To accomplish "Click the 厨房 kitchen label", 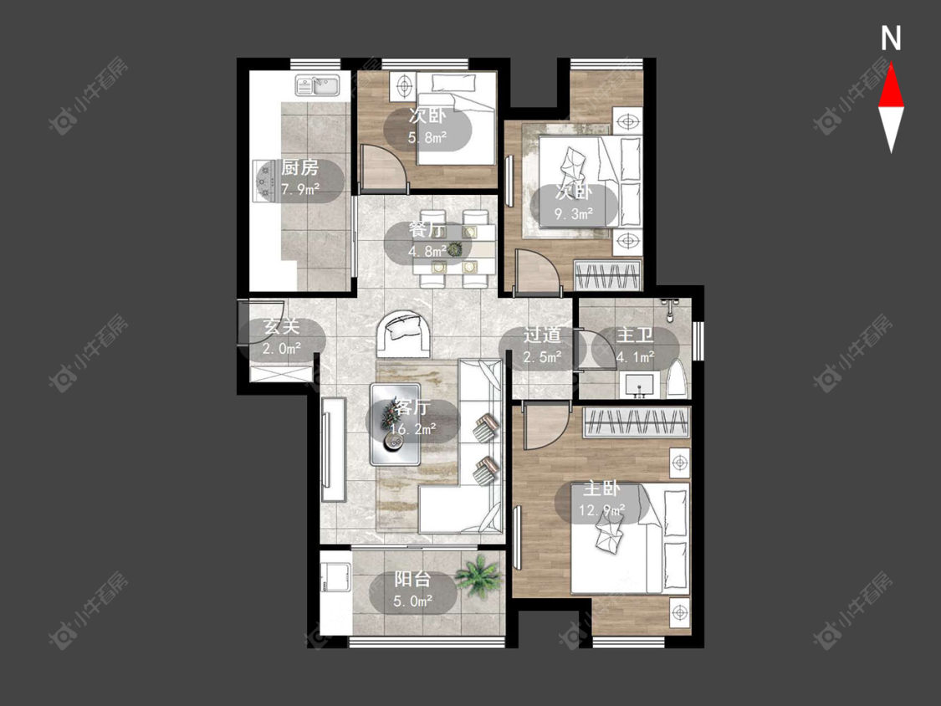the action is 299,167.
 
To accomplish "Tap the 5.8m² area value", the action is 427,137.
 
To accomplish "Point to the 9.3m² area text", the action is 574,213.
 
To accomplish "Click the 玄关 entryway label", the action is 281,326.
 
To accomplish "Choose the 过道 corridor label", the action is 542,335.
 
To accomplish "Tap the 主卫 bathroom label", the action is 635,335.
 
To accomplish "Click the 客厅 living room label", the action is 412,407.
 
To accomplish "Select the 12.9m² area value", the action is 602,511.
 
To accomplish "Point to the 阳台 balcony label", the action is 412,579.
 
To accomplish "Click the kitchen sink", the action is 318,85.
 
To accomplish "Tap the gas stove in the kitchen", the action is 264,180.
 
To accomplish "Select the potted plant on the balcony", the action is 478,575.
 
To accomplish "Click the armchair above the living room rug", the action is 404,334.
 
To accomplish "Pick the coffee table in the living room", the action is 395,424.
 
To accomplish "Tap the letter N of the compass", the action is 891,38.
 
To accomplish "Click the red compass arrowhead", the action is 891,87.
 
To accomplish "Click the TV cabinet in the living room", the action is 334,449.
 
